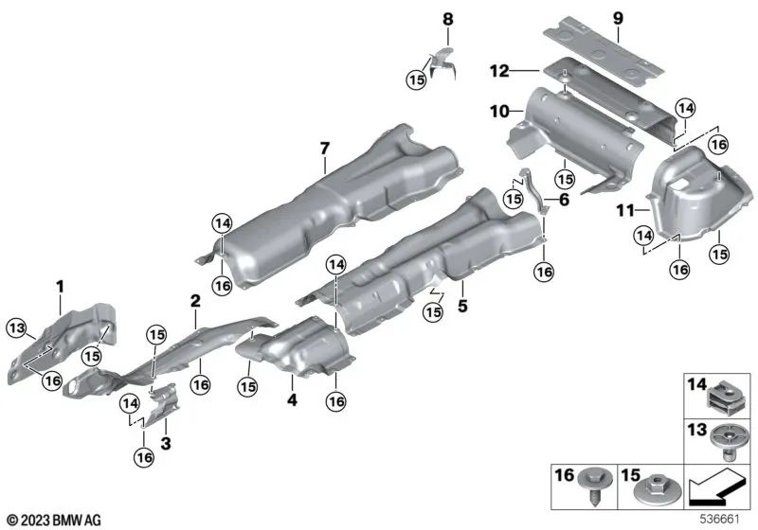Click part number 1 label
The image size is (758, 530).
(x=59, y=283)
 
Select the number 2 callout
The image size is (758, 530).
(x=194, y=301)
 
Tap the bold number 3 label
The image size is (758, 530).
(x=166, y=442)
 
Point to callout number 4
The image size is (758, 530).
(x=293, y=400)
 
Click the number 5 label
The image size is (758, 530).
(x=463, y=306)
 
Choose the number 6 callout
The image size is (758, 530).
(x=565, y=200)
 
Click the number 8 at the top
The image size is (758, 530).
(x=448, y=18)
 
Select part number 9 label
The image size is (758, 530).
(x=618, y=18)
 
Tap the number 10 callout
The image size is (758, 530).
(x=498, y=111)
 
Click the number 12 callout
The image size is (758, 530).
(x=500, y=69)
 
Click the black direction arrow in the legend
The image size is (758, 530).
(x=716, y=490)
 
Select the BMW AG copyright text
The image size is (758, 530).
(x=52, y=519)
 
